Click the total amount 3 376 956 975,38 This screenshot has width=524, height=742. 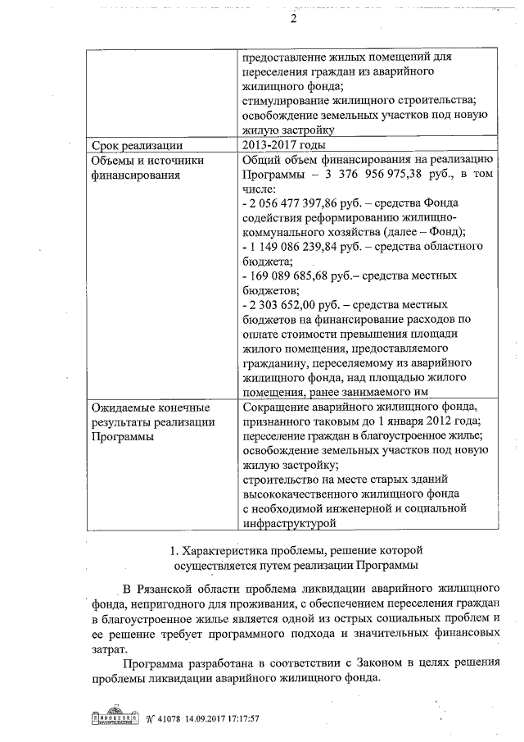pos(390,175)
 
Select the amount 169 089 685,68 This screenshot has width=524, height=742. pos(296,275)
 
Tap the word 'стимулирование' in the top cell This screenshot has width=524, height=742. pos(286,100)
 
